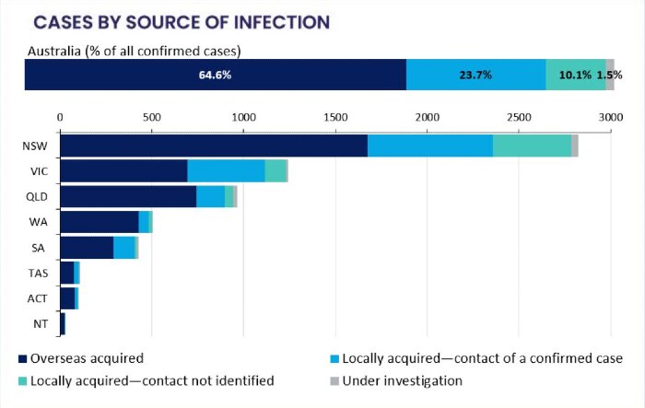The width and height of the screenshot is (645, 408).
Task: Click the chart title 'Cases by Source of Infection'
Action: tap(180, 20)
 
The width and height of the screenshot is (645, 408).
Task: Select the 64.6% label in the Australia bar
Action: tap(215, 75)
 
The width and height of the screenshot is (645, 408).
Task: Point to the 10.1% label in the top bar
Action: tap(575, 75)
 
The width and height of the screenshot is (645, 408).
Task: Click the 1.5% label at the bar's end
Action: tap(605, 75)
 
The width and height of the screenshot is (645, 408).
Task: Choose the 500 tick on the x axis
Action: tap(152, 117)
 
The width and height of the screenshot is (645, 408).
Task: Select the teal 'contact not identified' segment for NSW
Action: tap(532, 146)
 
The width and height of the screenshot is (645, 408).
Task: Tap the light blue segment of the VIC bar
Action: tap(226, 171)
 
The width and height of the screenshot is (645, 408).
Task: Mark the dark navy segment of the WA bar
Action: tap(99, 222)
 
